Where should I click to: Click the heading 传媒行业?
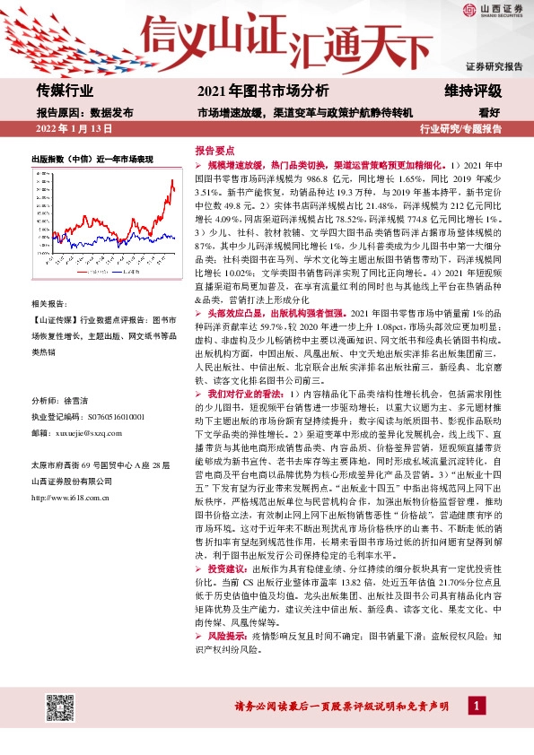[x=65, y=90]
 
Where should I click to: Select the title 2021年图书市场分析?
[x=262, y=91]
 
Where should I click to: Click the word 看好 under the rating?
[x=489, y=112]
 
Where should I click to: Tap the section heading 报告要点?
[x=214, y=152]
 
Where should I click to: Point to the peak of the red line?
[x=171, y=181]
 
